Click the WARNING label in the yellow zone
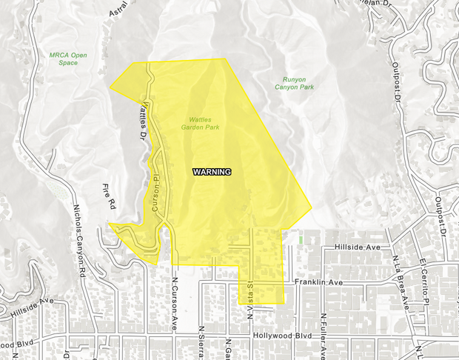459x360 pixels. [212, 172]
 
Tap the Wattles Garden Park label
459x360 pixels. [201, 123]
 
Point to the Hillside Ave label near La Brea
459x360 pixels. [356, 247]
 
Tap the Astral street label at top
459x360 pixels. [119, 8]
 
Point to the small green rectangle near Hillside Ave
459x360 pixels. [300, 239]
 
